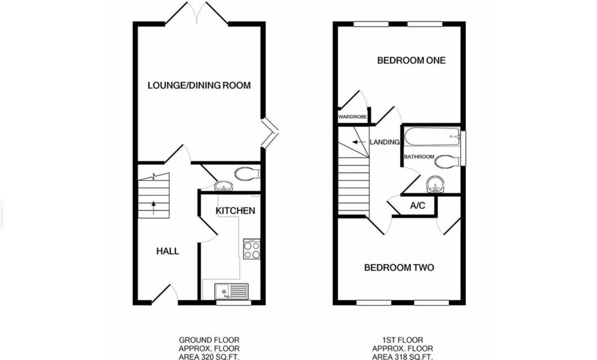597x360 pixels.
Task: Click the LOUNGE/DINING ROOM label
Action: coord(199,86)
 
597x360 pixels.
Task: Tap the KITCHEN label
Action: coord(235,211)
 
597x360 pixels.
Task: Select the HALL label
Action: coord(168,251)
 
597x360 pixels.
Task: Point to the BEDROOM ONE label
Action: coord(411,61)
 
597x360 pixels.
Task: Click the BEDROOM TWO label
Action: coord(399,268)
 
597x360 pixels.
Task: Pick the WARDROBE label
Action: coord(352,117)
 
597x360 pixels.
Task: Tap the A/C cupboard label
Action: coord(417,206)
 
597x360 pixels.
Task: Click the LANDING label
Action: coord(384,142)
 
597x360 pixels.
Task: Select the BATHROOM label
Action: coord(419,157)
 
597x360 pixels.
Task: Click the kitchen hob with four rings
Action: coord(251,249)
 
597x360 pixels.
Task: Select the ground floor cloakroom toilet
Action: coord(247,174)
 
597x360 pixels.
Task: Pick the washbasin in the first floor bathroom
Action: coord(435,185)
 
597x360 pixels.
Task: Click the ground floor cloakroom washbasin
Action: coord(223,186)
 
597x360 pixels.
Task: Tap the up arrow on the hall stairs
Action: coord(153,208)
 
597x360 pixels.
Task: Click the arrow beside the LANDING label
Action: coord(359,142)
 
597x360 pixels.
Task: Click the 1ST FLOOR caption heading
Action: coord(402,340)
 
